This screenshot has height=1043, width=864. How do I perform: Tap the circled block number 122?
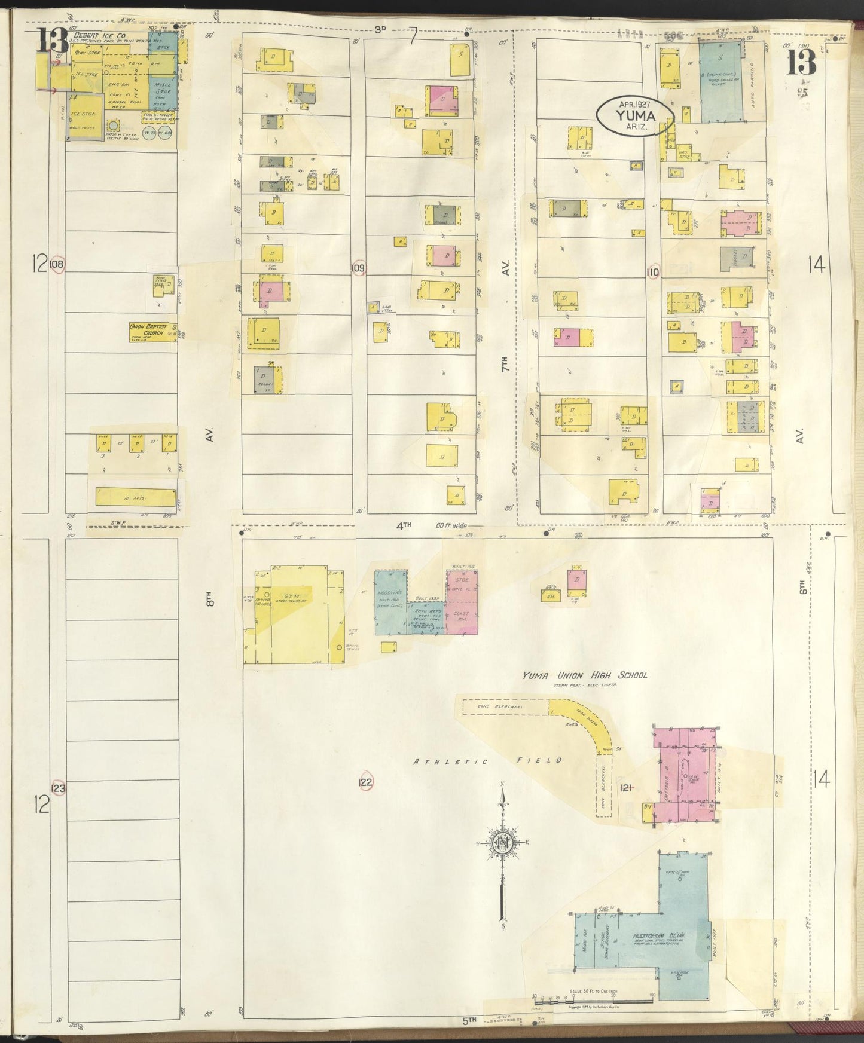(x=366, y=782)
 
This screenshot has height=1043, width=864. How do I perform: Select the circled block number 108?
(x=58, y=264)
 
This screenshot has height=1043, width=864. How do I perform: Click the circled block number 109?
(x=358, y=268)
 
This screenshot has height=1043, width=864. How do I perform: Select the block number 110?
(x=652, y=272)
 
